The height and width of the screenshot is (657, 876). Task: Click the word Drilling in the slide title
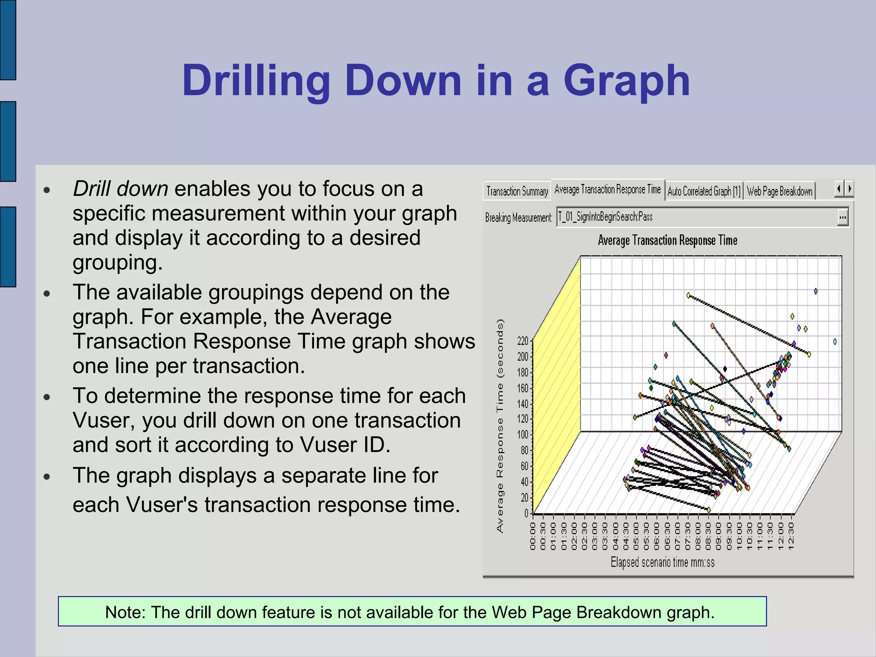256,81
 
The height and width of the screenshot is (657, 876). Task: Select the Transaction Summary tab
517,191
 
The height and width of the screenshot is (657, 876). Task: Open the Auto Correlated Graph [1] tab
704,191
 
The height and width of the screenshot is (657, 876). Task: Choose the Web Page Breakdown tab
779,191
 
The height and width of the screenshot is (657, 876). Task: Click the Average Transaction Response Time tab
607,189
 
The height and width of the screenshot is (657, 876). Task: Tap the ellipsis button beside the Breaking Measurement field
842,217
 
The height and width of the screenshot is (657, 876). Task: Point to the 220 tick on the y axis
523,341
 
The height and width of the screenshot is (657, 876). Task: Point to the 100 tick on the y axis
523,435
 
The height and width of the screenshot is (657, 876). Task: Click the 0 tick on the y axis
527,513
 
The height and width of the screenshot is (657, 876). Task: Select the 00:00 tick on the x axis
533,536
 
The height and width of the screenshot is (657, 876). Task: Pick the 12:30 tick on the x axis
791,536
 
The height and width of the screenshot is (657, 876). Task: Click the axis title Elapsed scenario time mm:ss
662,562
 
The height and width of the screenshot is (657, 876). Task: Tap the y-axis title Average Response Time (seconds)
500,426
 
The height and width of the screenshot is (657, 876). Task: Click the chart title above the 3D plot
667,240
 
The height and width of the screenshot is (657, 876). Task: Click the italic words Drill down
121,189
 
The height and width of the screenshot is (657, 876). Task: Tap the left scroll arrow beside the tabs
839,189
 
